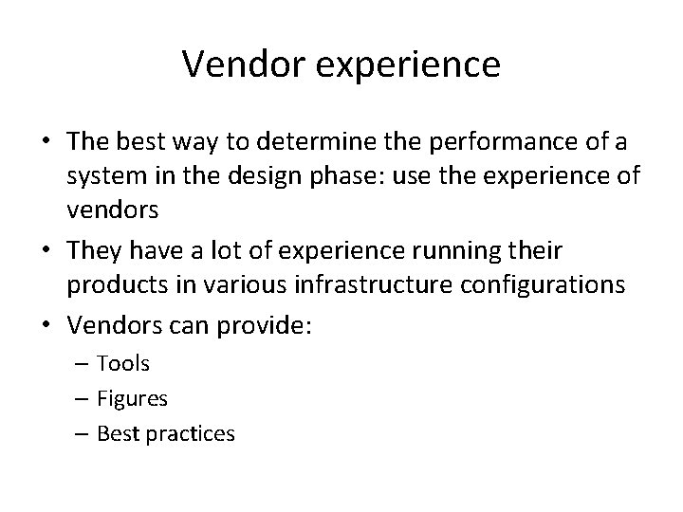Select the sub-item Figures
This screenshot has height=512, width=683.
[134, 398]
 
